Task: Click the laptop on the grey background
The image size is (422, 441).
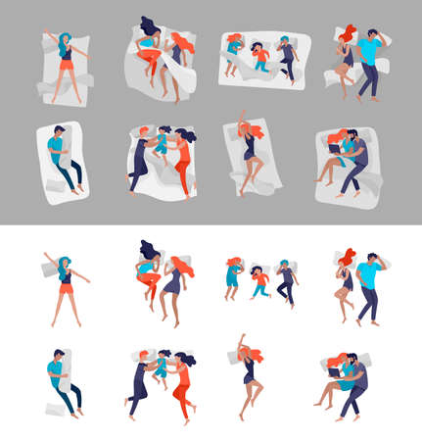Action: pyautogui.click(x=335, y=149)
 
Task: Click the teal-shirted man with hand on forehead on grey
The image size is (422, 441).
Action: pyautogui.click(x=371, y=59)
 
